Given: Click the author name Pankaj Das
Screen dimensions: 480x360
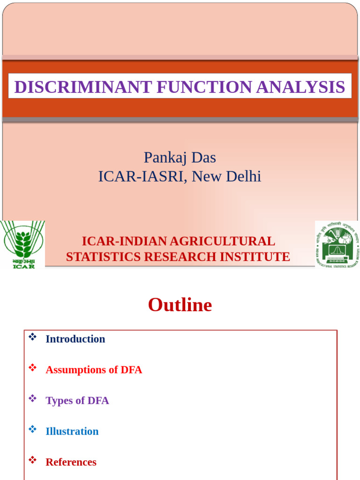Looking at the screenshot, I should tap(180, 157).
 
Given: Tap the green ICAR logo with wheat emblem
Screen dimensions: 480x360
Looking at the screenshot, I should tap(22, 244).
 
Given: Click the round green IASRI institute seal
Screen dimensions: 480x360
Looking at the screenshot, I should tap(337, 244).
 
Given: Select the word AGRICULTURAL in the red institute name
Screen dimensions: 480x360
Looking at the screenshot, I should tap(222, 241).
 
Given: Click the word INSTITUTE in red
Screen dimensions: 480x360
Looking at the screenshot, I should tap(258, 257).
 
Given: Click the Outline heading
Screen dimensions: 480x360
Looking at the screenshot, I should tap(180, 305).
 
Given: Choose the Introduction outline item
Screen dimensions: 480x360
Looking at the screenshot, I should tap(75, 339).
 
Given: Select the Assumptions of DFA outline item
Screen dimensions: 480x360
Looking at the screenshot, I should tap(93, 370).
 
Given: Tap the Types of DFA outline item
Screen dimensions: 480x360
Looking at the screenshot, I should tap(77, 401).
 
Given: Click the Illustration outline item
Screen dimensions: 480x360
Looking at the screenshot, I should tap(72, 431).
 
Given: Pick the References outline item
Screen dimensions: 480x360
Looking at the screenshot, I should tap(71, 462).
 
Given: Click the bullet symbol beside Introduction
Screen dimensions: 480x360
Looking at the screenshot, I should tap(32, 337).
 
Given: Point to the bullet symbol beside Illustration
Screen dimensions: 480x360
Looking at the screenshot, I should tap(32, 429).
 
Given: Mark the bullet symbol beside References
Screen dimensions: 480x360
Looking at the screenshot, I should tap(32, 460).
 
